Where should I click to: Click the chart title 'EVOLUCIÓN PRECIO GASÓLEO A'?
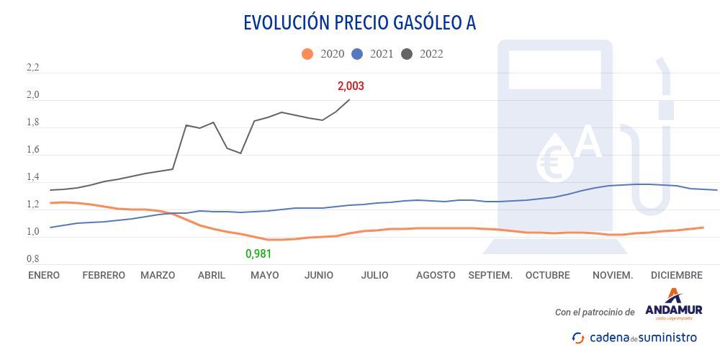tap(360, 22)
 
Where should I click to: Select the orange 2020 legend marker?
tap(307, 54)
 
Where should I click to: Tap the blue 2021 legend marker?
tap(358, 54)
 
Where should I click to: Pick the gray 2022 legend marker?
tap(408, 54)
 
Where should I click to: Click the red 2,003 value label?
tap(351, 86)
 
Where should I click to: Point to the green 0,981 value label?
tap(259, 253)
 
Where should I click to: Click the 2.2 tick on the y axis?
tap(33, 68)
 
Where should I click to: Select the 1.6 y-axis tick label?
tap(33, 150)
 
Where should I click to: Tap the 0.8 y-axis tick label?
tap(33, 259)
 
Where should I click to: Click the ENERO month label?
tap(44, 275)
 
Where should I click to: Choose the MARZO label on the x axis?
tap(158, 275)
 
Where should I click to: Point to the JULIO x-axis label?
tap(374, 275)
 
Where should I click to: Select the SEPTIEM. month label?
tap(490, 275)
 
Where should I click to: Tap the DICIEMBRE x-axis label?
tap(676, 275)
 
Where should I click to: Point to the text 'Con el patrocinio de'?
tap(595, 312)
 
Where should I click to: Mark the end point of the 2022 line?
tap(349, 99)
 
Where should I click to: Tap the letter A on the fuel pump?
tap(588, 142)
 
